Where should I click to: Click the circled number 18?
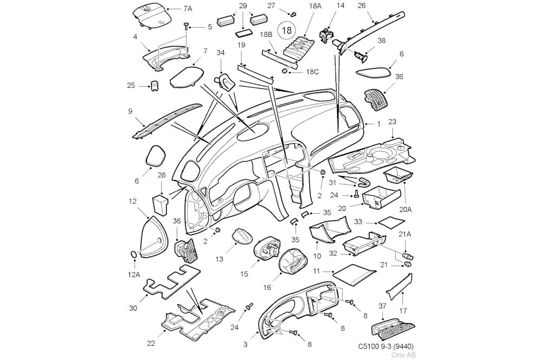tap(287, 30)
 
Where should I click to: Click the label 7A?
tap(188, 9)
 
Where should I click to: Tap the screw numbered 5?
tap(186, 25)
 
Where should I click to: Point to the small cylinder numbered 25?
tap(154, 86)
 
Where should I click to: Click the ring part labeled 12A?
tap(134, 254)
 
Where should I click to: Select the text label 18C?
tap(312, 72)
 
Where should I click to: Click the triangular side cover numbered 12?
tap(154, 237)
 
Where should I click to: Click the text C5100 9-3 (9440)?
tap(385, 346)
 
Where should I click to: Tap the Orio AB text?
tap(404, 355)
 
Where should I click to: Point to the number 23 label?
tap(392, 122)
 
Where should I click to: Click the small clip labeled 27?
tap(293, 14)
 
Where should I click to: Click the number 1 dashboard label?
tap(378, 124)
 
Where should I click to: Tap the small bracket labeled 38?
tap(361, 56)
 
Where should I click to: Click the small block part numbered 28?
tap(160, 204)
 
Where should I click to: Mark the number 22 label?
tap(151, 343)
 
